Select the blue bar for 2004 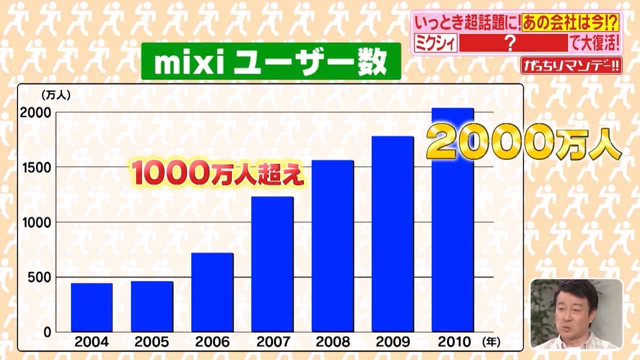point(91,307)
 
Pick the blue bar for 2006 point(212,292)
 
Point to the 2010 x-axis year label point(454,342)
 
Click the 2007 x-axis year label point(273,342)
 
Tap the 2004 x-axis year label point(92,342)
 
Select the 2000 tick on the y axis point(35,112)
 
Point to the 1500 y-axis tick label point(35,167)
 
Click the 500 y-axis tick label point(39,277)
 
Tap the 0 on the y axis point(47,332)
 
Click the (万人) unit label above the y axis point(56,93)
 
